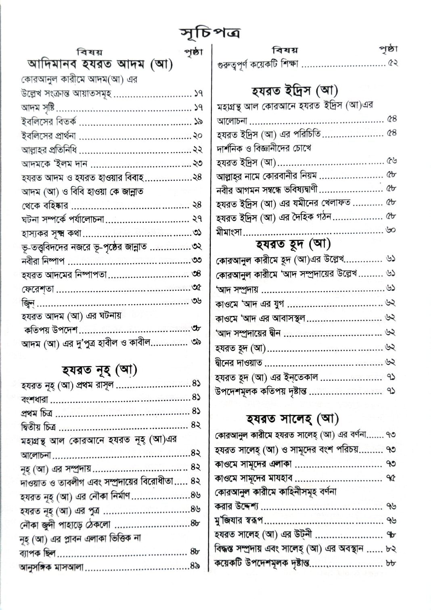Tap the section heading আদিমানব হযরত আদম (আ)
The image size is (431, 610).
coord(100,64)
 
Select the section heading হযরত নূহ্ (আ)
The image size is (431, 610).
coord(100,369)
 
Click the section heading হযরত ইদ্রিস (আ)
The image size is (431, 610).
coord(295,90)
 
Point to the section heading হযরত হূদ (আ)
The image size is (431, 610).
coord(293,244)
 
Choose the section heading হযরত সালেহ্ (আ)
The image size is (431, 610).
coord(293,419)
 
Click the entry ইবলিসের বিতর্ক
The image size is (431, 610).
coord(49,122)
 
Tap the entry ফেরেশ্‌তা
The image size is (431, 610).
coord(38,289)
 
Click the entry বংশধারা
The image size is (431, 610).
coord(35,400)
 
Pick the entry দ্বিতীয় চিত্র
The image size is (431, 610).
coord(38,426)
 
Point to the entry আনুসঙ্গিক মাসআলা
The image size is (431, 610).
coord(52,567)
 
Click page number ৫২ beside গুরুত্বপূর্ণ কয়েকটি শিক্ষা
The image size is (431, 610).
coord(392,63)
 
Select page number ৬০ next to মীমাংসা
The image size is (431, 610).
coord(391,230)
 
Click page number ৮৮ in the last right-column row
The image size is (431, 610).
coord(390,563)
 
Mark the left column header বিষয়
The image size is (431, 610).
coord(90,52)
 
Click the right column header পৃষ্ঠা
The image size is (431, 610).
coord(388,49)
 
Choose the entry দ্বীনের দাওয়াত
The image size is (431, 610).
coord(239,363)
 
